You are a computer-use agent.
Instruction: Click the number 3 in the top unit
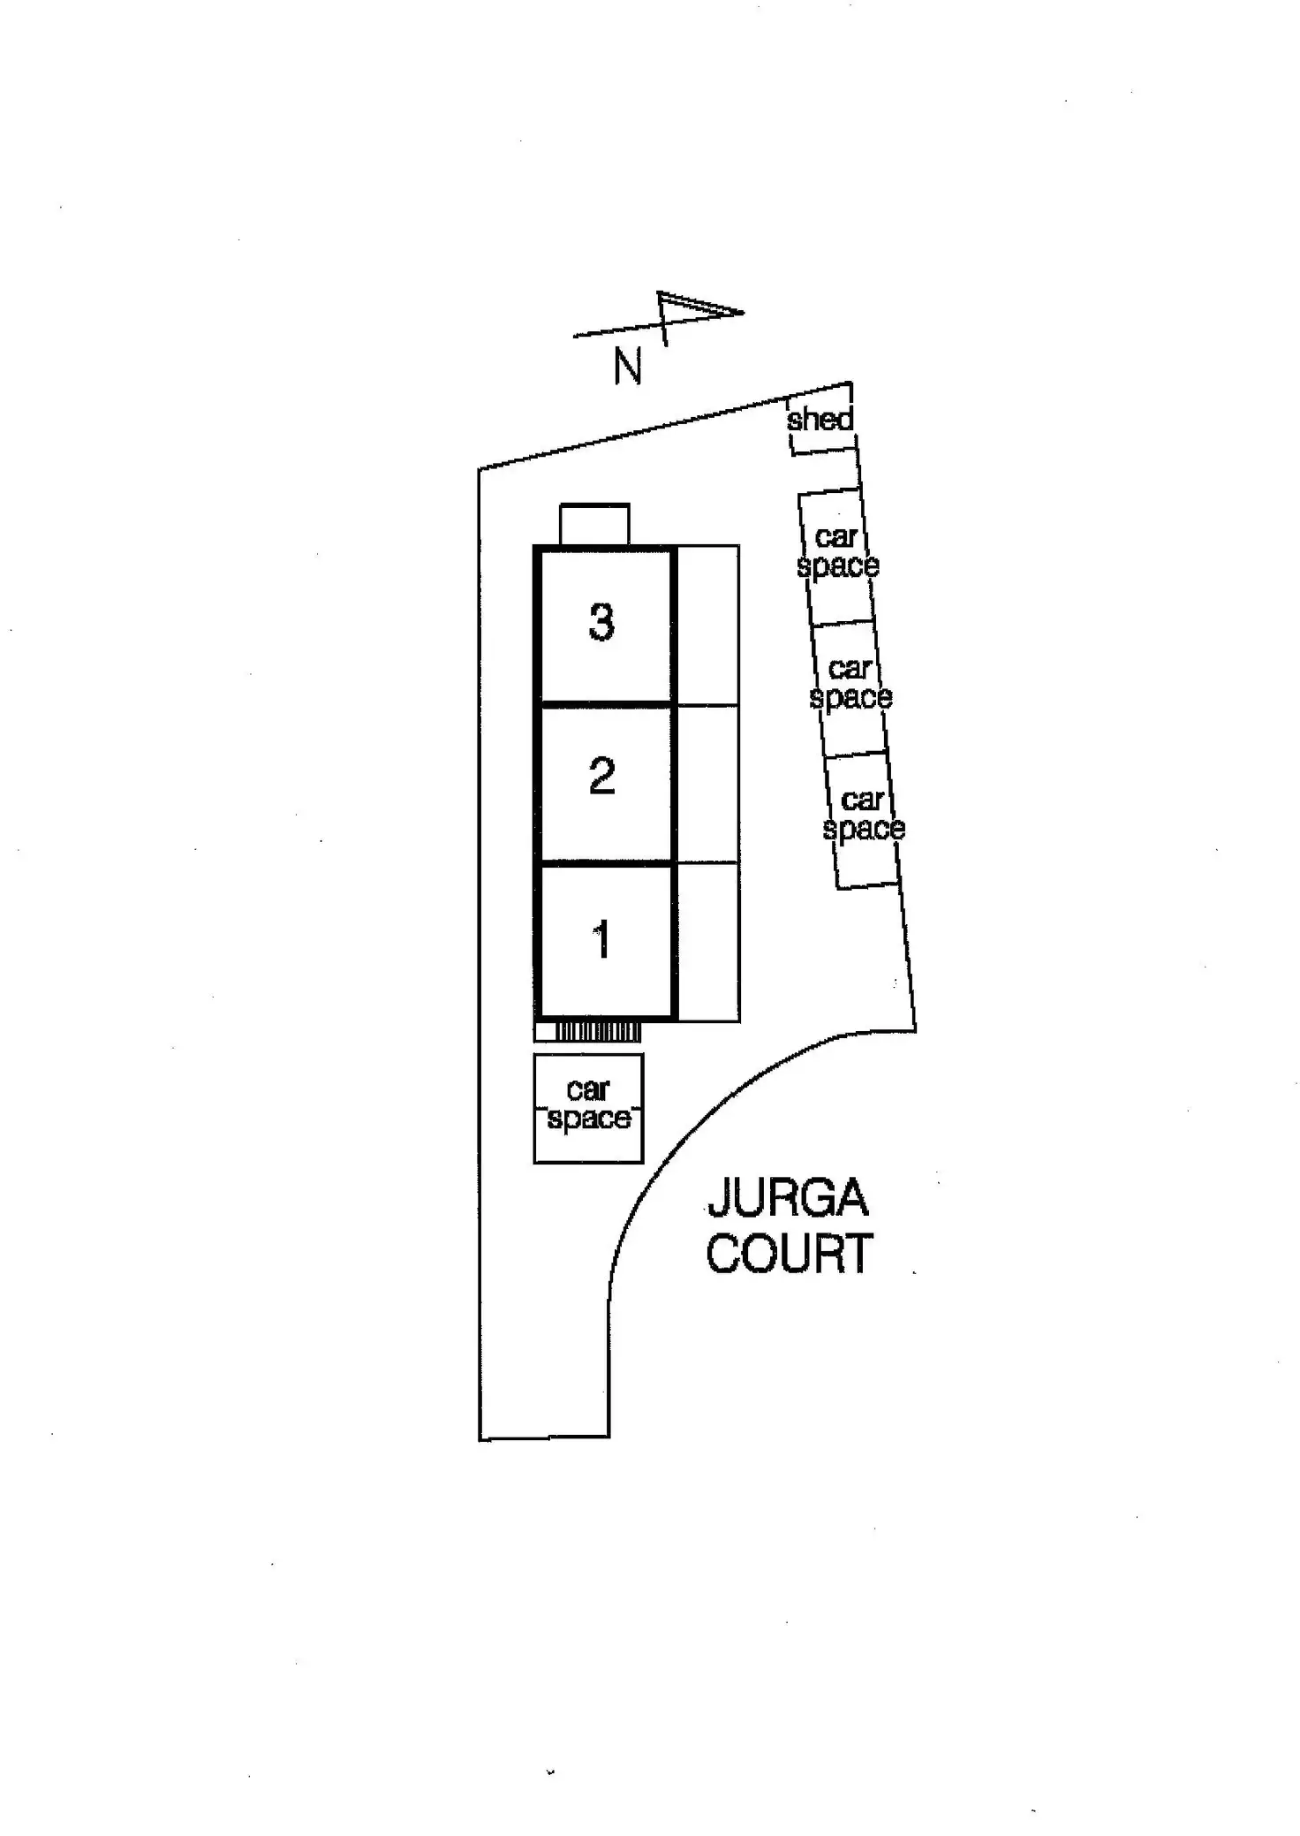(x=601, y=622)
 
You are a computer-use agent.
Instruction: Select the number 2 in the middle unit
(x=601, y=777)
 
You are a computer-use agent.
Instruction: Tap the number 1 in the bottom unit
(x=602, y=938)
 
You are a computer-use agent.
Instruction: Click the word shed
(x=820, y=419)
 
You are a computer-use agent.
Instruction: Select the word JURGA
(x=788, y=1197)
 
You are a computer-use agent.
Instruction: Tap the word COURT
(x=790, y=1254)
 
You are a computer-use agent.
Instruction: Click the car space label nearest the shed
(x=837, y=551)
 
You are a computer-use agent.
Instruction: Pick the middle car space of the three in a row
(x=850, y=683)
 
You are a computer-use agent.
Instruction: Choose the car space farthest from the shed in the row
(x=863, y=815)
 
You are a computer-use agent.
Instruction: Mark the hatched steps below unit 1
(x=597, y=1031)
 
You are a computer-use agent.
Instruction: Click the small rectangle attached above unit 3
(x=594, y=525)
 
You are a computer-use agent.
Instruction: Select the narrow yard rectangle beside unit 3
(x=707, y=626)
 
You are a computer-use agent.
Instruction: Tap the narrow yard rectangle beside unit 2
(x=707, y=783)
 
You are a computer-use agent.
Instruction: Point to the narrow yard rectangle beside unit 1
(x=707, y=942)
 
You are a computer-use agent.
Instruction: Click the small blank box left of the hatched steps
(x=545, y=1031)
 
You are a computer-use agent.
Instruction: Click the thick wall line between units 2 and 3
(x=604, y=704)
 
